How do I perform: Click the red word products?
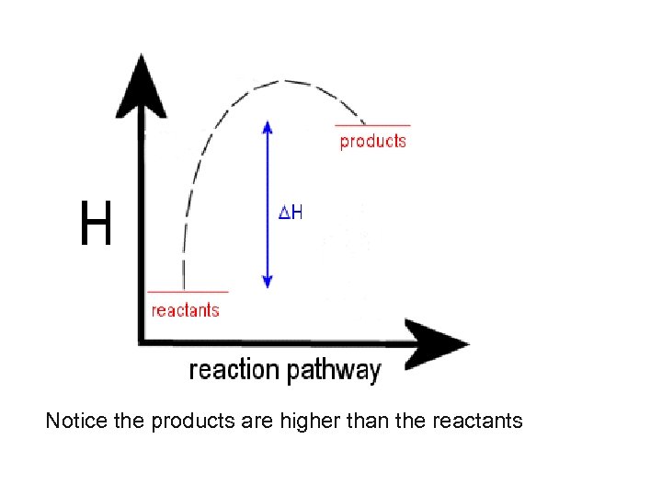pyautogui.click(x=372, y=141)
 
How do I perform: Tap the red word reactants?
pyautogui.click(x=185, y=310)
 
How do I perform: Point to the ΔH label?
pyautogui.click(x=291, y=213)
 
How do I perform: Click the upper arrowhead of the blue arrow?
pyautogui.click(x=268, y=126)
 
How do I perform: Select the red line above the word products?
pyautogui.click(x=372, y=125)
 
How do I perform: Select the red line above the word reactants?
pyautogui.click(x=187, y=293)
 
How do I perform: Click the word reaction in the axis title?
pyautogui.click(x=234, y=370)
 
